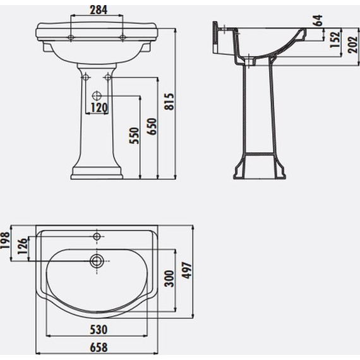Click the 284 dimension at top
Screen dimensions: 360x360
click(99, 10)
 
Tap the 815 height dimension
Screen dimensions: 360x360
click(170, 102)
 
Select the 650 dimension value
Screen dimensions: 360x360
click(152, 126)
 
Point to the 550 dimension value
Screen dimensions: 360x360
click(135, 136)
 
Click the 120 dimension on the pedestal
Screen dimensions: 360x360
click(99, 107)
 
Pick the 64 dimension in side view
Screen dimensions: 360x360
click(318, 20)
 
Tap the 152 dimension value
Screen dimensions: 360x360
click(335, 39)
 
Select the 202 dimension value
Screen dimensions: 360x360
click(352, 45)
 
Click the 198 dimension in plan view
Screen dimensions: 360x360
click(5, 241)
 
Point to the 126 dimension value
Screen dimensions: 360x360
click(23, 246)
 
